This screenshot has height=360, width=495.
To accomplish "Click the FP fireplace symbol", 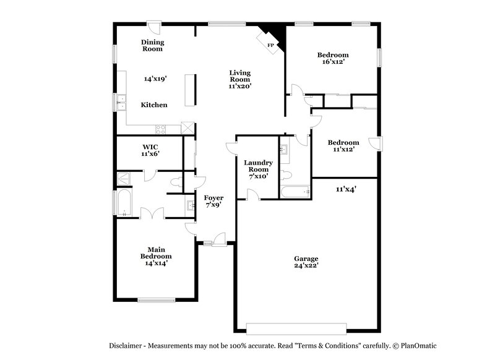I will pyautogui.click(x=270, y=45).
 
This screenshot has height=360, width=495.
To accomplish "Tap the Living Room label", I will pyautogui.click(x=240, y=76).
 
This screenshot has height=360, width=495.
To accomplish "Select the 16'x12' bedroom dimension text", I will pyautogui.click(x=332, y=62).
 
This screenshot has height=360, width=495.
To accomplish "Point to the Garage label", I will pyautogui.click(x=306, y=258).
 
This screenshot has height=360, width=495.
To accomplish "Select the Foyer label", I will pyautogui.click(x=213, y=198).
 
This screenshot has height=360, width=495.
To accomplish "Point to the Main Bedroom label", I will pyautogui.click(x=155, y=253).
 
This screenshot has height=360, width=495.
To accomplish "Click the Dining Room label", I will pyautogui.click(x=152, y=45).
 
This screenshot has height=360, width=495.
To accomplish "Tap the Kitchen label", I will pyautogui.click(x=154, y=105).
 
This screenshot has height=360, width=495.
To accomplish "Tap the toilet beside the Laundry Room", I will pyautogui.click(x=176, y=182).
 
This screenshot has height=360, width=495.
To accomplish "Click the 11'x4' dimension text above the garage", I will pyautogui.click(x=346, y=189).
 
